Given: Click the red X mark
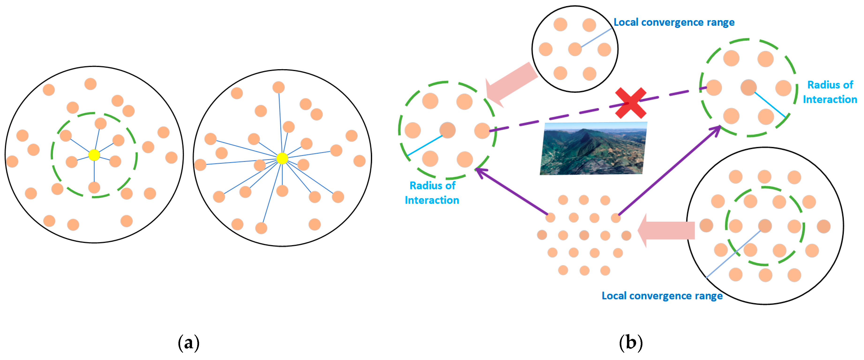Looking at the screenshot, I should (x=630, y=103).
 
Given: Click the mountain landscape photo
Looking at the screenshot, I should (x=593, y=148).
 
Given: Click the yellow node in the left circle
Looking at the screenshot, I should (x=94, y=155).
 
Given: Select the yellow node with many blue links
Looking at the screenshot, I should (x=282, y=158).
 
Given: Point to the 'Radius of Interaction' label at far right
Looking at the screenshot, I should (x=830, y=92).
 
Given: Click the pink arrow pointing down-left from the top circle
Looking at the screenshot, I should (x=512, y=84).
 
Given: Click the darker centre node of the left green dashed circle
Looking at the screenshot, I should (x=447, y=130).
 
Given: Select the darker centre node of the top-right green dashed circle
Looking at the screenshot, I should (x=748, y=87).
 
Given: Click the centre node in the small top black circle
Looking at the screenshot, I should (x=574, y=49).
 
